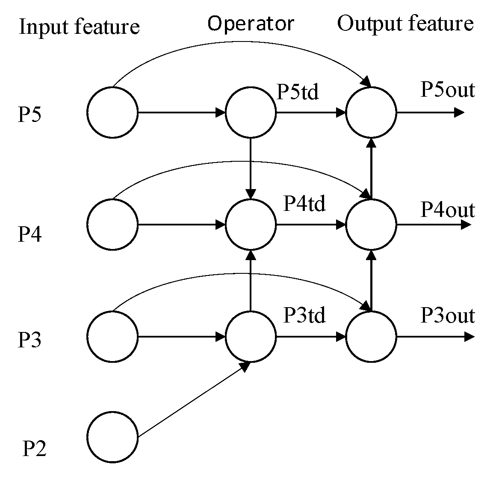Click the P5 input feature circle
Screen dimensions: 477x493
[x=112, y=113]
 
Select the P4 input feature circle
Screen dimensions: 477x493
[x=112, y=224]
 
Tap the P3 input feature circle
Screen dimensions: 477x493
[x=112, y=337]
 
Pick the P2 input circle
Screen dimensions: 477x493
[x=112, y=437]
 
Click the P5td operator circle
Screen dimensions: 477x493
[x=251, y=113]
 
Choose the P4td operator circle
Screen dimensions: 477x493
[x=251, y=224]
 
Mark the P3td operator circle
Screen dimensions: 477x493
[x=251, y=337]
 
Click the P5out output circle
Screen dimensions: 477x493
[x=371, y=113]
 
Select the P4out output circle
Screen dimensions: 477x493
[x=371, y=224]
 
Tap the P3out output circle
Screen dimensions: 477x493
[x=371, y=337]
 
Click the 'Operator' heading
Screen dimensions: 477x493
[x=251, y=24]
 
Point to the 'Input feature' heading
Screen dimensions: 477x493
[x=80, y=27]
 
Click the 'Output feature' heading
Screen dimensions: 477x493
[x=405, y=24]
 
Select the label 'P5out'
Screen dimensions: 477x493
[x=447, y=90]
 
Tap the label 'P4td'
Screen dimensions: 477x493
[x=304, y=204]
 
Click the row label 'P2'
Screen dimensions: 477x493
[x=34, y=449]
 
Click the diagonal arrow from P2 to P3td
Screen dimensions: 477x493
[x=192, y=400]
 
